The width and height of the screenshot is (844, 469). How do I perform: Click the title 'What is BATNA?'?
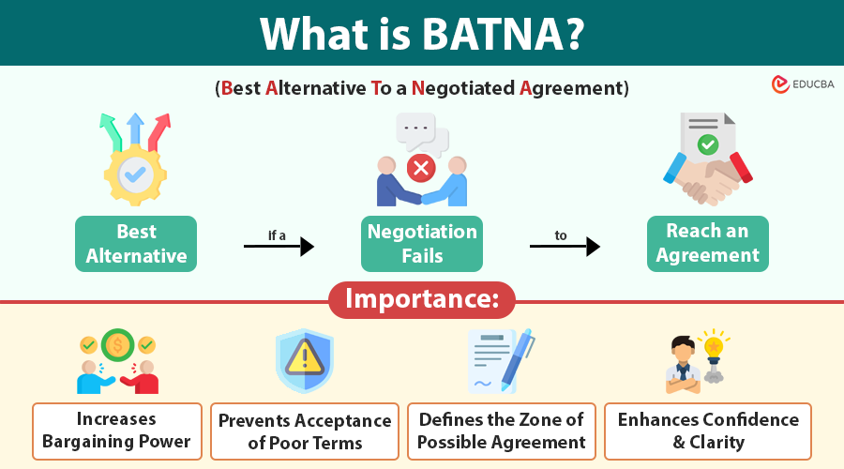(x=422, y=33)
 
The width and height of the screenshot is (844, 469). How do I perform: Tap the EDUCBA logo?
(x=802, y=84)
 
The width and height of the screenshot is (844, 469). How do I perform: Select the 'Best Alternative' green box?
(x=136, y=244)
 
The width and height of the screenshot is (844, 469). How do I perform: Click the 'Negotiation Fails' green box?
(x=422, y=244)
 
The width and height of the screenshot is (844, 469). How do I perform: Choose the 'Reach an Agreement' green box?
(x=708, y=244)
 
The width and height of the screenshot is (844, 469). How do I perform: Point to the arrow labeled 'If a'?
(x=279, y=247)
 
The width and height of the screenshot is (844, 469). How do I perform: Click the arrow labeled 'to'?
(x=565, y=247)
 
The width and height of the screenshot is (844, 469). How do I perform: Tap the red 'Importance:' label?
(x=422, y=300)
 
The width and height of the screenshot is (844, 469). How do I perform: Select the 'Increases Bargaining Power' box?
(x=117, y=431)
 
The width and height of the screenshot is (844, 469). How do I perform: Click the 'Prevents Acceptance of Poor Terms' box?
(x=305, y=431)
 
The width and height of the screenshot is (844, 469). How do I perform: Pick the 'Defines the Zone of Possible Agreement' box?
(x=502, y=431)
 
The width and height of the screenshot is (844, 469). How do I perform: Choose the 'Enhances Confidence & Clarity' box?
(x=708, y=431)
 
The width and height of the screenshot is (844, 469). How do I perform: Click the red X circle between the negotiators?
(x=421, y=169)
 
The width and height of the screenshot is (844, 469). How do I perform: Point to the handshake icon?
(x=708, y=178)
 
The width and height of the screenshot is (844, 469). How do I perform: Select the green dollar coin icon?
(x=118, y=344)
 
